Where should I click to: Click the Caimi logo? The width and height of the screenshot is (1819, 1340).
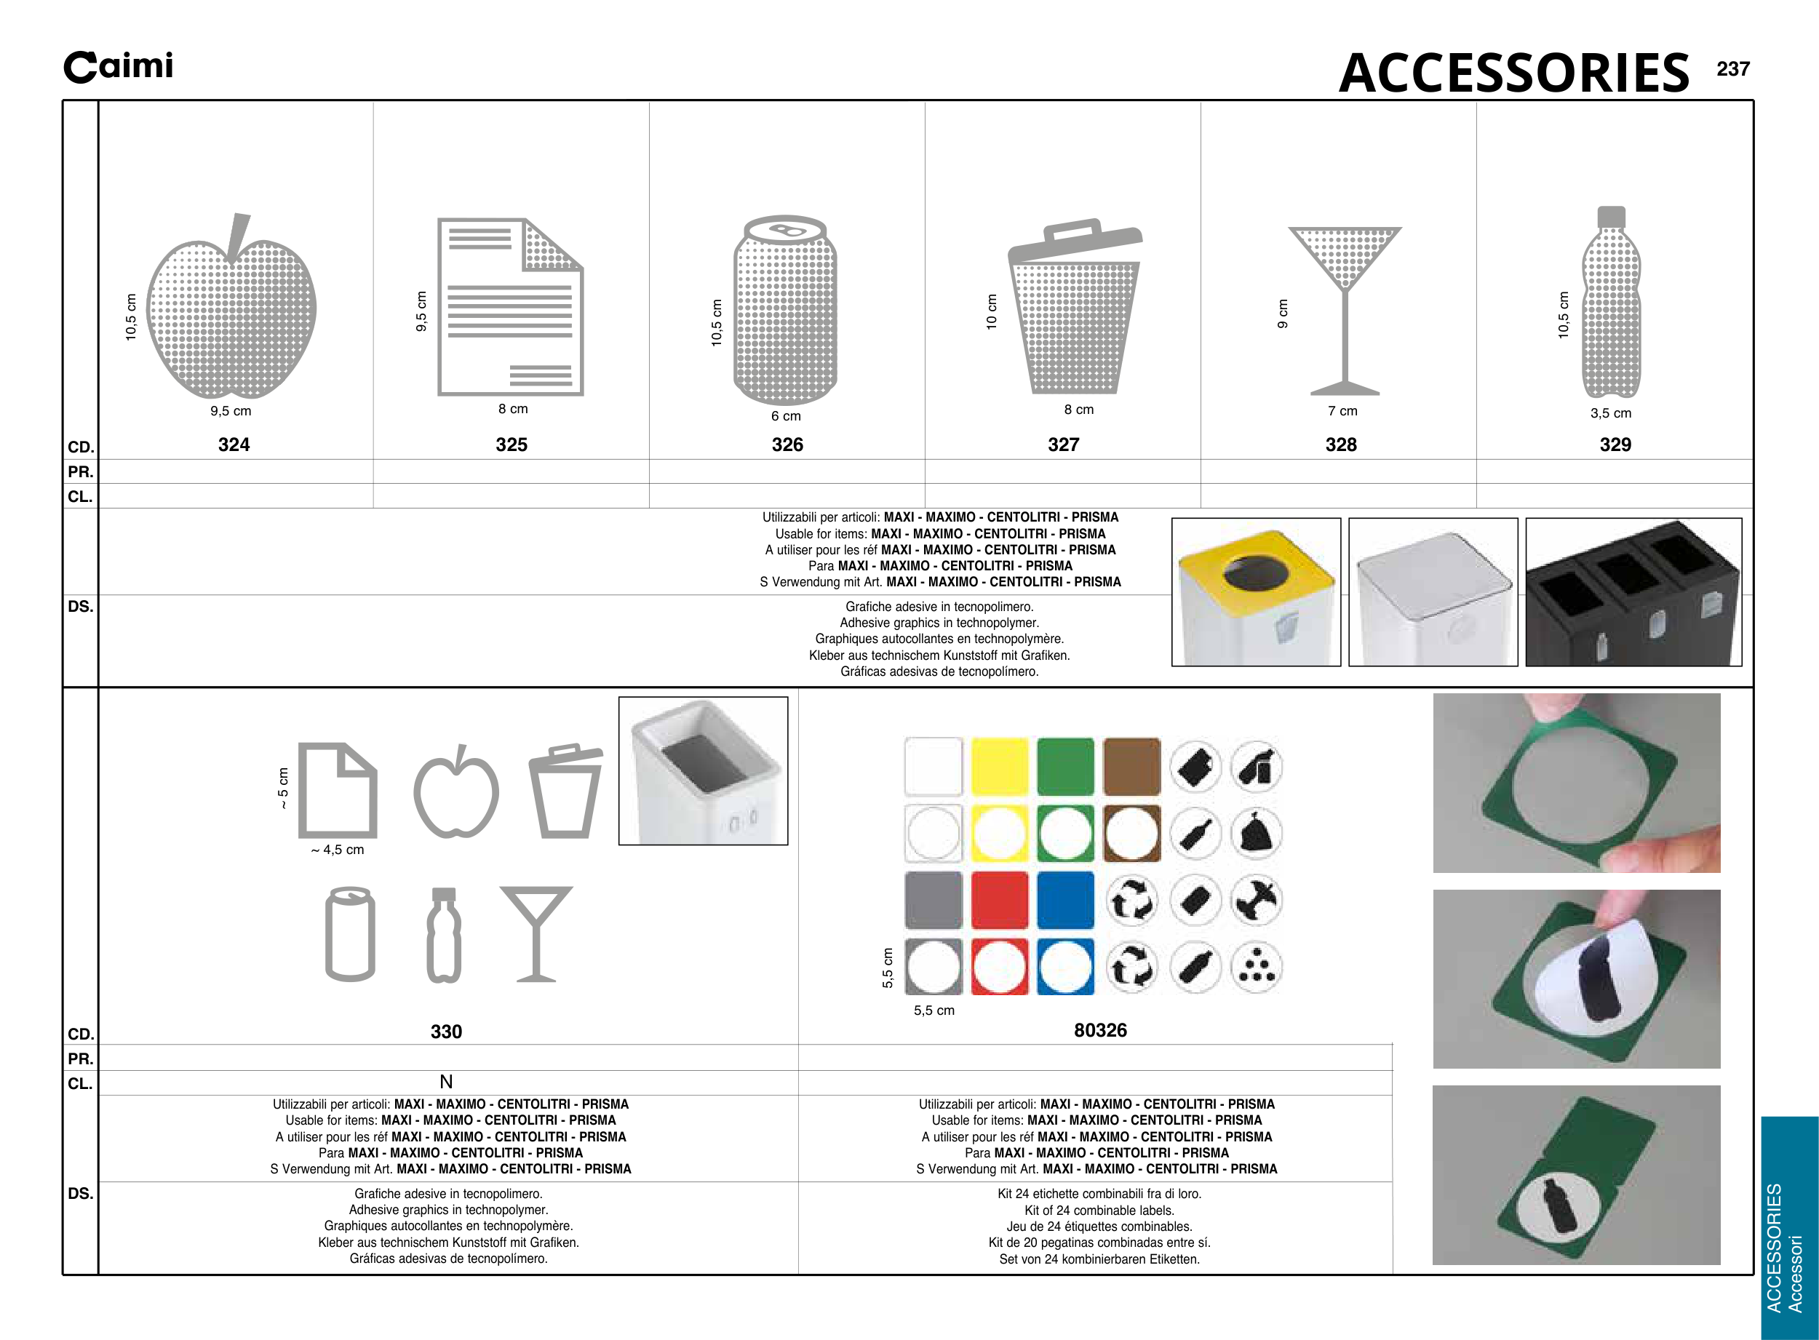pyautogui.click(x=119, y=66)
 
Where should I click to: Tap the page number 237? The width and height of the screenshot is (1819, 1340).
pyautogui.click(x=1732, y=69)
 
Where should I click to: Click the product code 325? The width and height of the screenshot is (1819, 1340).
pyautogui.click(x=511, y=444)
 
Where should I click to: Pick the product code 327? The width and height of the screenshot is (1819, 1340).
pyautogui.click(x=1063, y=444)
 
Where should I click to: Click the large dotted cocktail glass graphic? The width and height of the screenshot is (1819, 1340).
pyautogui.click(x=1345, y=308)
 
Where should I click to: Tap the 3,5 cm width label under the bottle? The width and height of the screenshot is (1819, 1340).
pyautogui.click(x=1610, y=413)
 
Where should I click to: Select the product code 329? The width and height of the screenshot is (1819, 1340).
pyautogui.click(x=1615, y=444)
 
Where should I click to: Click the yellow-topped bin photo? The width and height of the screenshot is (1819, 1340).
pyautogui.click(x=1256, y=592)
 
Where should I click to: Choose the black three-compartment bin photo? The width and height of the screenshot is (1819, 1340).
pyautogui.click(x=1633, y=592)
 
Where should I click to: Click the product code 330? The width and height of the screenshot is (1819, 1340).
pyautogui.click(x=446, y=1032)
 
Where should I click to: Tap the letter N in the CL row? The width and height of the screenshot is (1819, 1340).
pyautogui.click(x=446, y=1082)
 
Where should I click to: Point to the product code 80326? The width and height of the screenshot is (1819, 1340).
pyautogui.click(x=1100, y=1030)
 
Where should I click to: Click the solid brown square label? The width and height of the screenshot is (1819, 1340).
pyautogui.click(x=1132, y=767)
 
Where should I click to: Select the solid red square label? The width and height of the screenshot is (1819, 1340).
pyautogui.click(x=1000, y=901)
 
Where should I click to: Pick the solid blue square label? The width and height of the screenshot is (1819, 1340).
pyautogui.click(x=1065, y=901)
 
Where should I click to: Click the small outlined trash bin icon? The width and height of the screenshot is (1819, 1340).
pyautogui.click(x=565, y=791)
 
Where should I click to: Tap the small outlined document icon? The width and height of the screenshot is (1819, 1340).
pyautogui.click(x=338, y=790)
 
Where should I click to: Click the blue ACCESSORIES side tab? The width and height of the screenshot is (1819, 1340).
pyautogui.click(x=1789, y=1225)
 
